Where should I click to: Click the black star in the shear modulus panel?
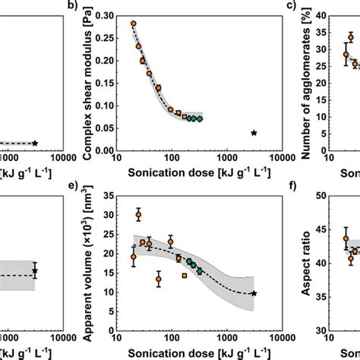[x=254, y=133]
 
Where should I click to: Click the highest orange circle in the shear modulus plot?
[x=134, y=24]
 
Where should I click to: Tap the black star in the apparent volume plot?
[x=254, y=293]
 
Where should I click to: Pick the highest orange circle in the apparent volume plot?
[x=138, y=214]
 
